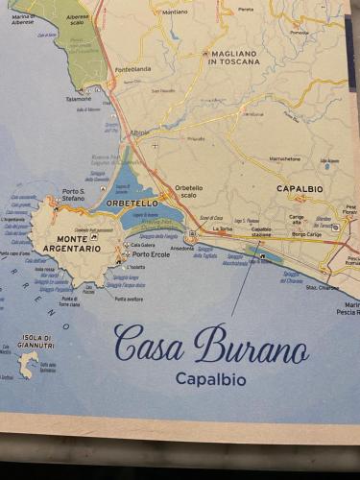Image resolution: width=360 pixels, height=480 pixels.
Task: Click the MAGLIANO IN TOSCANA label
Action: pyautogui.click(x=232, y=58)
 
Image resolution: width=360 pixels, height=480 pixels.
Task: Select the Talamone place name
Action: pyautogui.click(x=80, y=98)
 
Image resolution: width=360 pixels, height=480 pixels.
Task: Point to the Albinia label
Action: pyautogui.click(x=139, y=132)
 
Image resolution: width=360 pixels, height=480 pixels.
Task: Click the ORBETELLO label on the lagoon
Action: pyautogui.click(x=132, y=204)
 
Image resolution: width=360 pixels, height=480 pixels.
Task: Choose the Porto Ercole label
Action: pyautogui.click(x=152, y=253)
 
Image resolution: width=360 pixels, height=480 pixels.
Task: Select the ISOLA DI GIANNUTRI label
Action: pyautogui.click(x=36, y=341)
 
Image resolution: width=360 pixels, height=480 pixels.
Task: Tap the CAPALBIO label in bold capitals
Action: pyautogui.click(x=300, y=189)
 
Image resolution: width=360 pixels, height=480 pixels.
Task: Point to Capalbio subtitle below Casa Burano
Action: pyautogui.click(x=210, y=379)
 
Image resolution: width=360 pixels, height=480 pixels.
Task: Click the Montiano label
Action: pyautogui.click(x=175, y=12)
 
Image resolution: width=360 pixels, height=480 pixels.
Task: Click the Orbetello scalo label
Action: pyautogui.click(x=188, y=191)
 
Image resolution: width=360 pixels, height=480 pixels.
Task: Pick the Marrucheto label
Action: pyautogui.click(x=284, y=159)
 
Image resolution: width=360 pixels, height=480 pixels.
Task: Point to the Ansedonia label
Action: pyautogui.click(x=181, y=248)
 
